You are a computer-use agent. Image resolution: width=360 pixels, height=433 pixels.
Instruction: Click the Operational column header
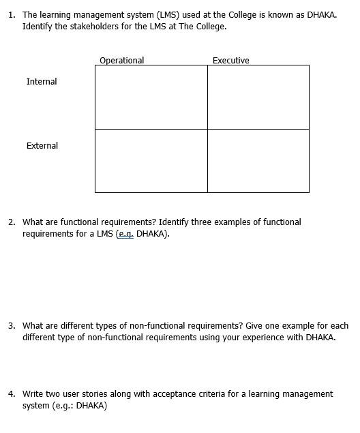coord(121,61)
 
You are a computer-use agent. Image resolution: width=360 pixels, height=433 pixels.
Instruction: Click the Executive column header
coord(230,61)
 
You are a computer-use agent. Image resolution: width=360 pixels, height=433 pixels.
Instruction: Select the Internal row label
coord(42,82)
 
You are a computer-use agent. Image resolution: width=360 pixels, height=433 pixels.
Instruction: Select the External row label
coord(42,146)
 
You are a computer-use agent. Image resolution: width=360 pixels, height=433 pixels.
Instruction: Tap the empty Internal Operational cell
coord(151,97)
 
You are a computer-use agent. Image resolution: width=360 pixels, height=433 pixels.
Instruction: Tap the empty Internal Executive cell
coord(258,97)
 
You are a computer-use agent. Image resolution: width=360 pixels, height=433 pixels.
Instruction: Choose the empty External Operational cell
coord(151,161)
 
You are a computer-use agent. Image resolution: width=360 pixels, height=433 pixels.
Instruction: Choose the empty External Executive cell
coord(258,161)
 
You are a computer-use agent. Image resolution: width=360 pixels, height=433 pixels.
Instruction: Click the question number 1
coord(12,14)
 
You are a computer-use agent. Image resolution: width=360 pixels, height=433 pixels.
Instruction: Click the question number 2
coord(12,222)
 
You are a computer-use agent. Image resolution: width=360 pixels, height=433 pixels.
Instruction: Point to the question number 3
coord(12,326)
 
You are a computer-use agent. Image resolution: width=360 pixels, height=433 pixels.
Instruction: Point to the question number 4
coord(12,394)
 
